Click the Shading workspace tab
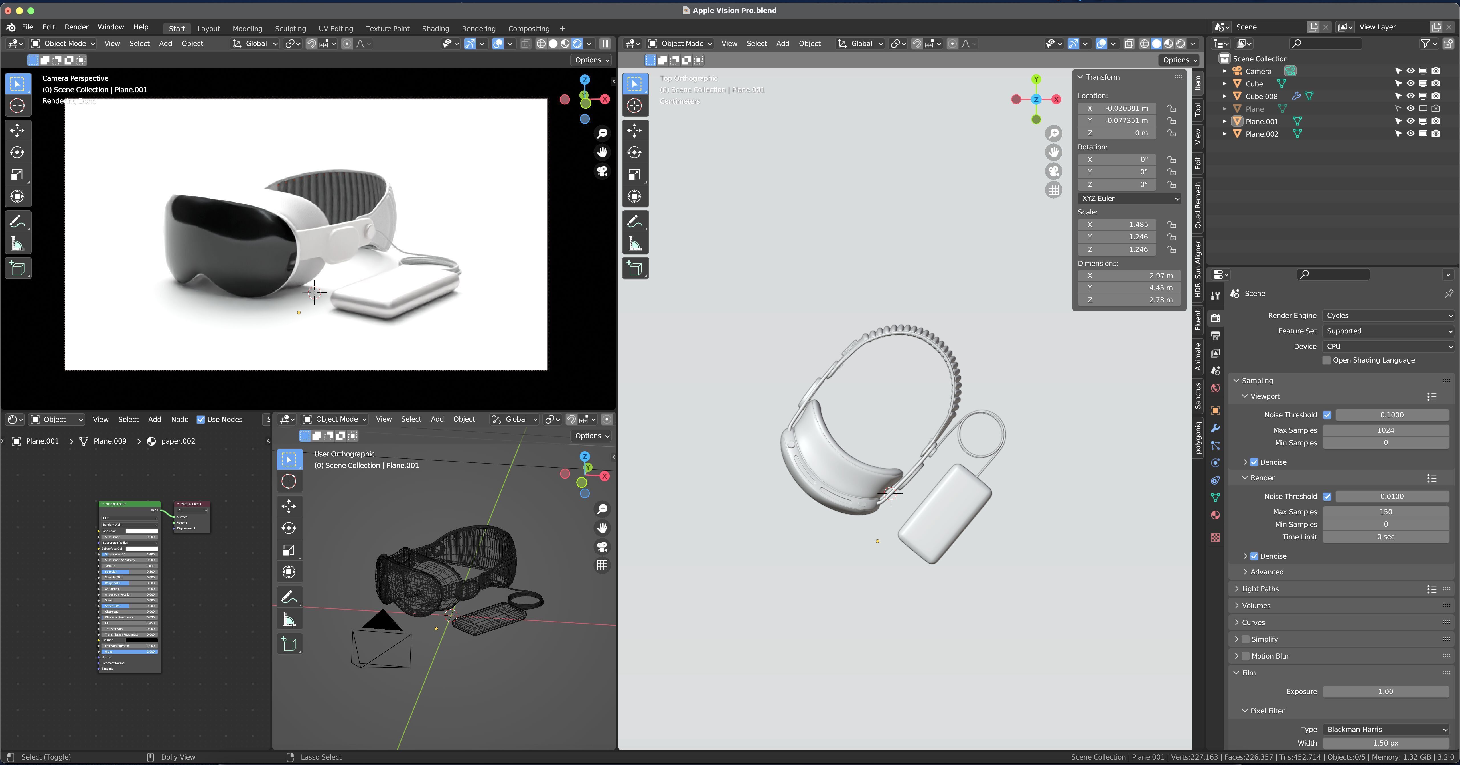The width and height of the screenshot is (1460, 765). [435, 28]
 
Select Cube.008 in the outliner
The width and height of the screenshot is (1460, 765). [1261, 96]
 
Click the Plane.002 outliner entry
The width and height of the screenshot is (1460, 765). [1262, 134]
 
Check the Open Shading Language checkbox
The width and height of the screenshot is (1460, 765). [1326, 360]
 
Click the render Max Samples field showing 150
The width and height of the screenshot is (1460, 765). [1386, 511]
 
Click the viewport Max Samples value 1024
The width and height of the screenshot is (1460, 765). [1386, 430]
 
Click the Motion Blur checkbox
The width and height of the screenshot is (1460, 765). [1245, 656]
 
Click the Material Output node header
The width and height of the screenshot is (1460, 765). [192, 503]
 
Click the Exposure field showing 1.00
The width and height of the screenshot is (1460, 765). [1386, 691]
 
